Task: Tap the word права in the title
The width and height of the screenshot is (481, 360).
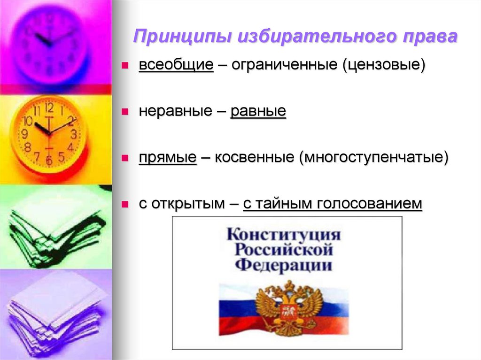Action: click(429, 37)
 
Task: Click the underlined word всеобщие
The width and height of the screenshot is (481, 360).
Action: click(176, 65)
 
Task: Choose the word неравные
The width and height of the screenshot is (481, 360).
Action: click(177, 111)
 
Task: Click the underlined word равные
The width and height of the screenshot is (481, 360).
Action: click(258, 111)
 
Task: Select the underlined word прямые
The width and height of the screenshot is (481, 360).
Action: click(167, 158)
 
